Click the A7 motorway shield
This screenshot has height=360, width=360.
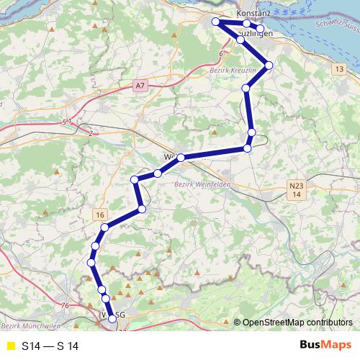tap(140, 86)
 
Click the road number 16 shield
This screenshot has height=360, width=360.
tap(99, 215)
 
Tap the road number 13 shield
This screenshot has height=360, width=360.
tap(338, 68)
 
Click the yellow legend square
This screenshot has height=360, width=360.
tap(10, 346)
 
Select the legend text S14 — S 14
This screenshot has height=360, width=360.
tap(50, 346)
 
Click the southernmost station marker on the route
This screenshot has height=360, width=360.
tap(112, 319)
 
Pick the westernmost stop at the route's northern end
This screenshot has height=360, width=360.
tap(215, 22)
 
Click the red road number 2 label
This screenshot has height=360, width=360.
tap(91, 133)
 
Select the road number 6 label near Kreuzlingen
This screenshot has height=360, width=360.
tap(220, 53)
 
